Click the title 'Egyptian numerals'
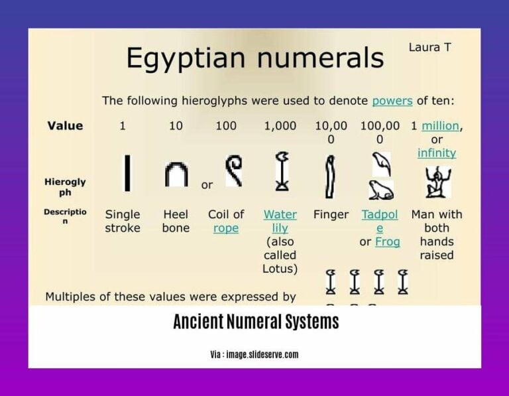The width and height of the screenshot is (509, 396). (255, 58)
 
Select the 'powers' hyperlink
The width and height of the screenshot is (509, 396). (392, 101)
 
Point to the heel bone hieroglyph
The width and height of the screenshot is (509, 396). (176, 175)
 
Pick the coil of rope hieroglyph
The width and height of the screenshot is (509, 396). (233, 170)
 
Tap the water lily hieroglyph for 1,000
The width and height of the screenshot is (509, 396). (282, 172)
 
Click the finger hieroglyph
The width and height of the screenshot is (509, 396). (329, 176)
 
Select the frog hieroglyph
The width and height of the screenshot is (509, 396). (381, 190)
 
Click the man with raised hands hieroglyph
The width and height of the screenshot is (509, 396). (437, 181)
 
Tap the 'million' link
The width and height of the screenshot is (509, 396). (441, 126)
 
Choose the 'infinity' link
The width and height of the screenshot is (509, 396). (437, 153)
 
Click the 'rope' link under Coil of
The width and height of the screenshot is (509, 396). (226, 228)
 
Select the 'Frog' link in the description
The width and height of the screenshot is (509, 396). (388, 241)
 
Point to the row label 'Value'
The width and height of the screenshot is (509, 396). (65, 126)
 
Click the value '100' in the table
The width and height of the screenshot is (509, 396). (226, 126)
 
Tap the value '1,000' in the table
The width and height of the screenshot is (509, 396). (280, 126)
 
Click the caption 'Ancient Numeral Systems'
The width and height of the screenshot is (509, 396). (256, 322)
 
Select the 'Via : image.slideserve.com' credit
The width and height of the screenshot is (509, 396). (254, 354)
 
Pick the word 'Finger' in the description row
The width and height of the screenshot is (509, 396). (331, 215)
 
